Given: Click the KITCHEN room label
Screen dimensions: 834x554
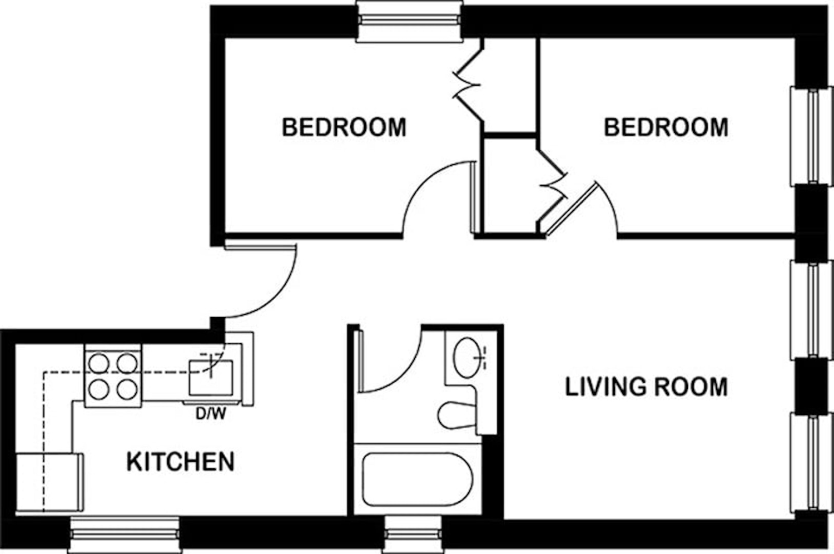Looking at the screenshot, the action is [180, 462].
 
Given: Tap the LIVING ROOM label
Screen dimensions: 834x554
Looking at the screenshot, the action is [646, 387].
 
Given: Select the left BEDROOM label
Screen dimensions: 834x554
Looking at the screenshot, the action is [344, 127].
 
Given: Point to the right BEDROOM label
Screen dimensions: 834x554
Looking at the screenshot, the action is [666, 127].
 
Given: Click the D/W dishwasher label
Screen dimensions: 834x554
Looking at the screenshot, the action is [210, 414].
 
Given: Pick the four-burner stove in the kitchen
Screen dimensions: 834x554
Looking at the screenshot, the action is [113, 375].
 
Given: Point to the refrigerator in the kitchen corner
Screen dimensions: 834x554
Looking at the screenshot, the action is [49, 482].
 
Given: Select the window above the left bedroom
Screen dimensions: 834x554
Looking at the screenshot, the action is [409, 21].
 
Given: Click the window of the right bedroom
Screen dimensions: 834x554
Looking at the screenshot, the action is [812, 136].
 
